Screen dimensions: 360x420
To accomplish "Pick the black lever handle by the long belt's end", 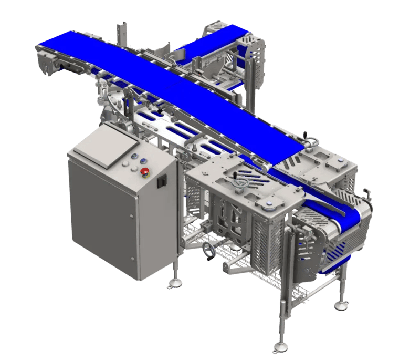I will point(311,140).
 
